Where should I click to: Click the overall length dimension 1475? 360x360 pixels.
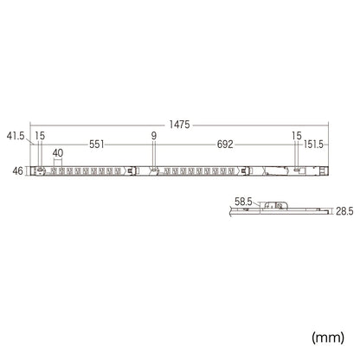pyautogui.click(x=179, y=125)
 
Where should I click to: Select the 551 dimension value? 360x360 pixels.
pyautogui.click(x=97, y=145)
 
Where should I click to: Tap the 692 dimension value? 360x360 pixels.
pyautogui.click(x=225, y=145)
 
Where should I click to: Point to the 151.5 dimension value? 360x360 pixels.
pyautogui.click(x=313, y=145)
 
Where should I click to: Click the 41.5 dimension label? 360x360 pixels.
pyautogui.click(x=16, y=136)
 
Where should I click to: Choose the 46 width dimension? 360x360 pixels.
pyautogui.click(x=17, y=171)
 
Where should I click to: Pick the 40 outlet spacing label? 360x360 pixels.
pyautogui.click(x=58, y=153)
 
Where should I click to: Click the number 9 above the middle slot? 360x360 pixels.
pyautogui.click(x=154, y=136)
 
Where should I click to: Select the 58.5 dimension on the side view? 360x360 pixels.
pyautogui.click(x=243, y=202)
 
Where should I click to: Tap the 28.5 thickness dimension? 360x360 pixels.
pyautogui.click(x=344, y=211)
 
